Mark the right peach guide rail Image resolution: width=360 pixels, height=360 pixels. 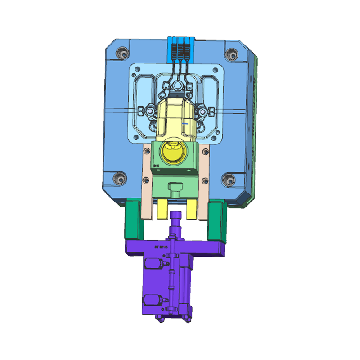[x=205, y=180]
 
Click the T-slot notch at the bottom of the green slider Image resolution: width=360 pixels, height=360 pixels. [x=174, y=187]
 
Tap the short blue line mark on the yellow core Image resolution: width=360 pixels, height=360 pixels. [x=184, y=122]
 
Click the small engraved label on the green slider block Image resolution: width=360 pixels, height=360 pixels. [x=156, y=166]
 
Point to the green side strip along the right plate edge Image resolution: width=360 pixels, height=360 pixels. [x=253, y=126]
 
